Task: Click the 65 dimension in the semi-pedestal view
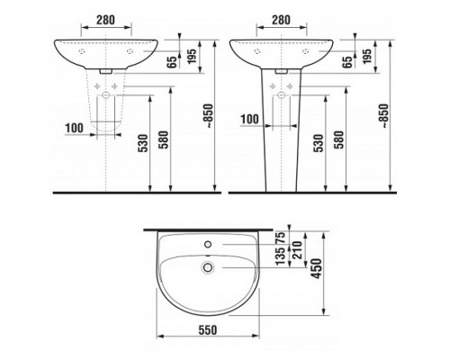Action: pyautogui.click(x=171, y=64)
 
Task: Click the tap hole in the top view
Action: pyautogui.click(x=208, y=244)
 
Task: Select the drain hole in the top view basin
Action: pyautogui.click(x=208, y=266)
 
